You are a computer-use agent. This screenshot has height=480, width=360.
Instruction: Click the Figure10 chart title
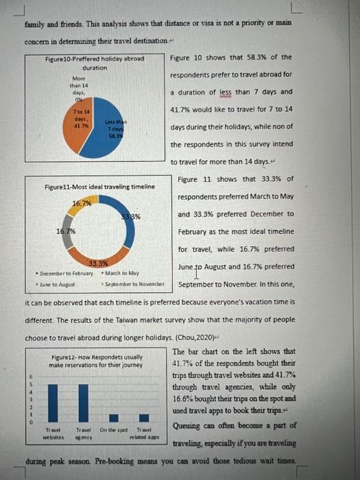click(95, 63)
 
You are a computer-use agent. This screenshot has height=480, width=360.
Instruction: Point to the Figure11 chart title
click(99, 187)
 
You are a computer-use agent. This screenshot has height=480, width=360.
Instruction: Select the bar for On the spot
click(114, 418)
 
